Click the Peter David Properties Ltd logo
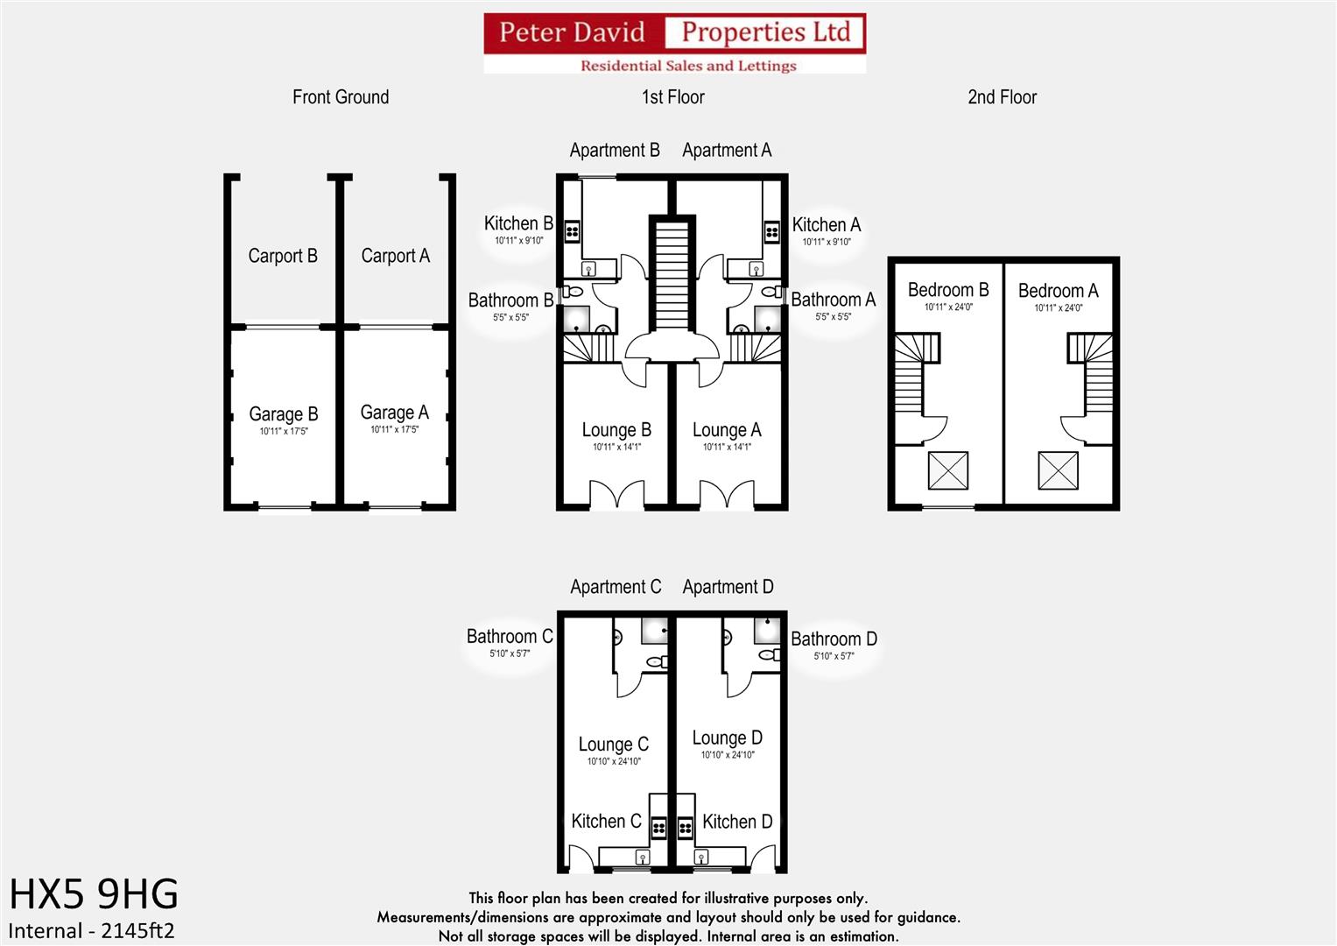[674, 42]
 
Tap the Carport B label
[283, 256]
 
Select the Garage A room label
[394, 413]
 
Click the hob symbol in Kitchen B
[572, 231]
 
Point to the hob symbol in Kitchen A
[772, 231]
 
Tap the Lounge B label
[616, 430]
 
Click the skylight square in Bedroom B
[947, 470]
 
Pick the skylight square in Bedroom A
[1058, 470]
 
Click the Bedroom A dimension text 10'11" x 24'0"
[1058, 307]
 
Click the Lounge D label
[727, 738]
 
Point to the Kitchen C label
[606, 822]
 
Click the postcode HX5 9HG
[94, 894]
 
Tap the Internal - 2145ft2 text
[91, 930]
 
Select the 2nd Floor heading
[1002, 97]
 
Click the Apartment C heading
[616, 587]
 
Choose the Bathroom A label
[833, 300]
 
